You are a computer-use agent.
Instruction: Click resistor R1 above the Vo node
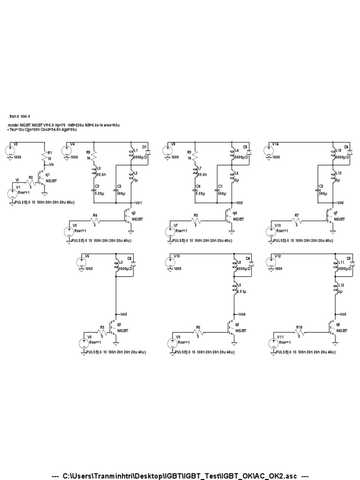click(x=45, y=157)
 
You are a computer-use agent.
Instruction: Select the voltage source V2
click(x=11, y=151)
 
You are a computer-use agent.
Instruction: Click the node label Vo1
click(x=139, y=202)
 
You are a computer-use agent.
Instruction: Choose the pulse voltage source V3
click(x=69, y=232)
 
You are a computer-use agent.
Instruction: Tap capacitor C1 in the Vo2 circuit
click(x=217, y=189)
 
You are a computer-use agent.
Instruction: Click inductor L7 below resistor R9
click(x=196, y=171)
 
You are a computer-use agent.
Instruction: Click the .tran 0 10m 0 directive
click(x=20, y=116)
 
